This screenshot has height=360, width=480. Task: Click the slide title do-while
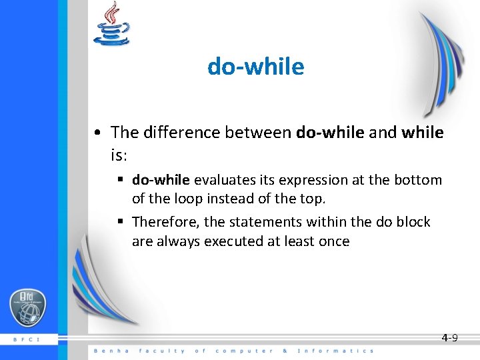[x=255, y=67]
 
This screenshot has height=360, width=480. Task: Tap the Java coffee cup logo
[x=111, y=25]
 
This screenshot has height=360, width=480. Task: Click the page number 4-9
[x=449, y=338]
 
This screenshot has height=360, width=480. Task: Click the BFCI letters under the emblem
[x=27, y=339]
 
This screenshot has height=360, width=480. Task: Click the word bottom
[x=419, y=180]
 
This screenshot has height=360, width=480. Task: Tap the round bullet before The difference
[x=97, y=133]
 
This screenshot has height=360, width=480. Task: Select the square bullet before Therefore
[x=122, y=222]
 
